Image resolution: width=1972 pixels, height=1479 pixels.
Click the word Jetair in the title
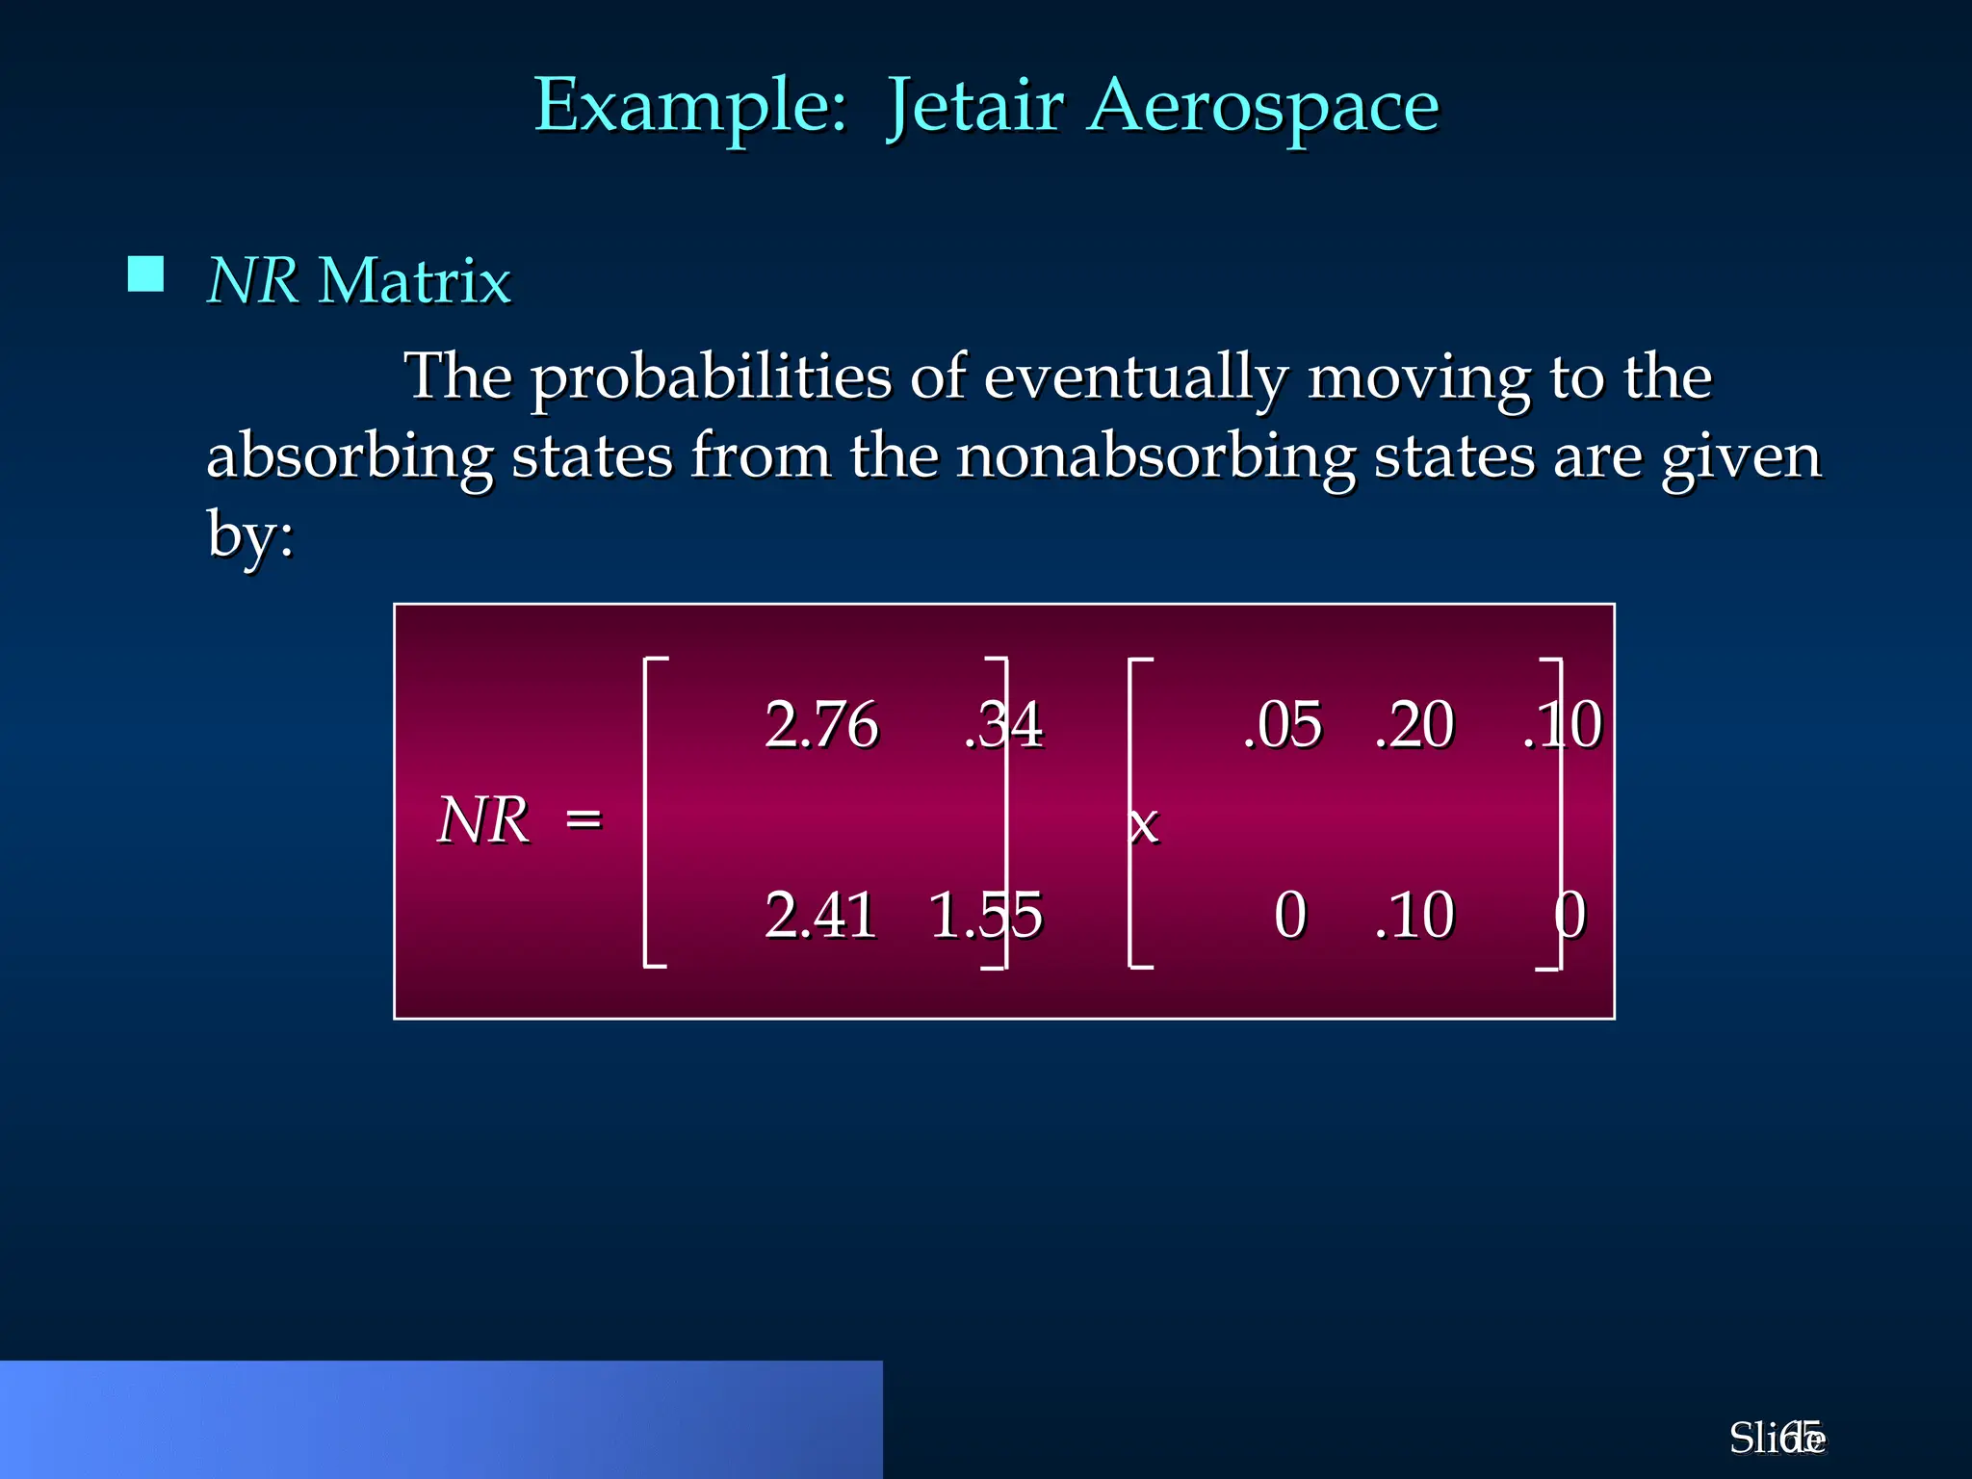[974, 106]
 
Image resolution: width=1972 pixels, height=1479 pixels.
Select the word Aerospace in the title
[1264, 106]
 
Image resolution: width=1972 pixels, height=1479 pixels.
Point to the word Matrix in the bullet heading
[414, 281]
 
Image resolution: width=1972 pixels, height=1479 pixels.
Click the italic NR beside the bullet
[252, 281]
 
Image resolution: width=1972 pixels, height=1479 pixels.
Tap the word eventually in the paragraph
[1135, 377]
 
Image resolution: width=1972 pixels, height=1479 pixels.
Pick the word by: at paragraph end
[250, 535]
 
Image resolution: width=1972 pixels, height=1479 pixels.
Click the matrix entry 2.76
[821, 724]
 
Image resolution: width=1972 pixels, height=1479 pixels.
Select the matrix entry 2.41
[820, 915]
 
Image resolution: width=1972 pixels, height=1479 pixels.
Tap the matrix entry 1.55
[985, 915]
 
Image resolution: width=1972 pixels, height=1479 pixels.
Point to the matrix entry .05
[1283, 724]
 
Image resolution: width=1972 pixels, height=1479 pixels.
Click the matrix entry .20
[1414, 724]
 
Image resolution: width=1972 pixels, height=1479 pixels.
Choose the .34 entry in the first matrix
[1003, 724]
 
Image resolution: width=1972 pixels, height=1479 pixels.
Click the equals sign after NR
[584, 820]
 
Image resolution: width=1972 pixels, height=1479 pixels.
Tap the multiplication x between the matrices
[1144, 825]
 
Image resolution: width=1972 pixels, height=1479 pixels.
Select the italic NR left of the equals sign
[483, 820]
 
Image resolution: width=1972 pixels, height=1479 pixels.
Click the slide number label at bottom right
[1777, 1439]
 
